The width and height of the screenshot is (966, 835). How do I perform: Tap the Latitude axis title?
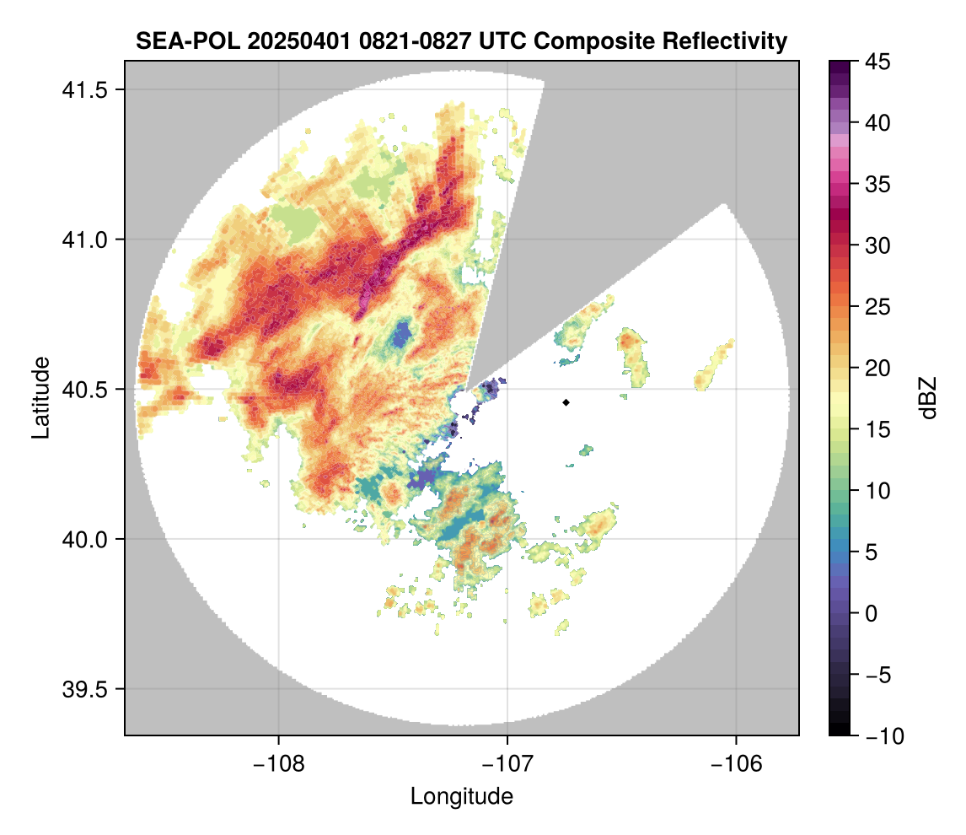[x=40, y=397]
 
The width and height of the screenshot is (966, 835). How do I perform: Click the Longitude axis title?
[x=461, y=795]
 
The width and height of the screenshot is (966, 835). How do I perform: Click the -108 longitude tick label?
[x=277, y=764]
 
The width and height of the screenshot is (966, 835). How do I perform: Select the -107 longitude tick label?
[x=507, y=764]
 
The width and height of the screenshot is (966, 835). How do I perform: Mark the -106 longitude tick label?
[x=737, y=764]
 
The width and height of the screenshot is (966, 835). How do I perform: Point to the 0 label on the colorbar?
[x=870, y=613]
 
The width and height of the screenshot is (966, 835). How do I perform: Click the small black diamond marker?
[x=566, y=402]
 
